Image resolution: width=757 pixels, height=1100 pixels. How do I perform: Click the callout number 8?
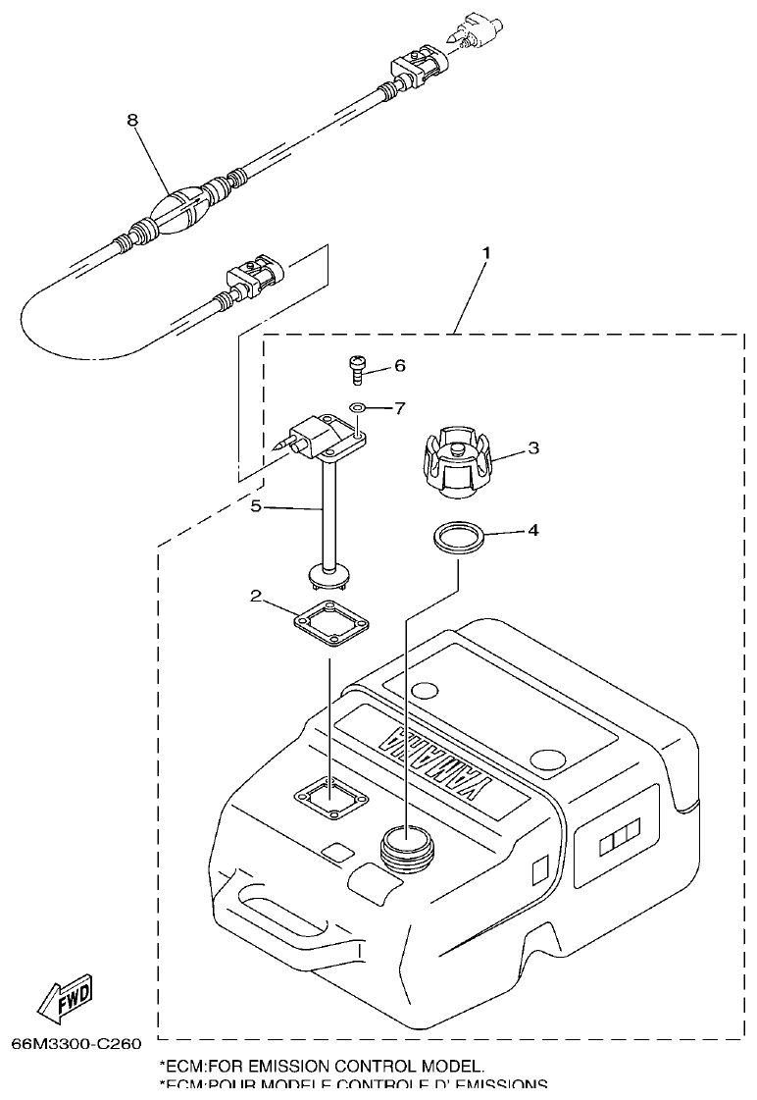coord(132,120)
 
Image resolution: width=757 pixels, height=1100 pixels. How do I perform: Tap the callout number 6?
coord(399,365)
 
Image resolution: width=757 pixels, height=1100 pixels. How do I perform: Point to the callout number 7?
coord(399,406)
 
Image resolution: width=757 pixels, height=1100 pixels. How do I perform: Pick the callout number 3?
coord(532,448)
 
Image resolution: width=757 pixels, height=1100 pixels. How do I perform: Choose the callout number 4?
coord(532,530)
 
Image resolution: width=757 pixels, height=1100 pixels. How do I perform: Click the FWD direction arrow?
coord(66,1001)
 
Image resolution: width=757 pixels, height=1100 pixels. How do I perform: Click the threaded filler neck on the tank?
coord(403,845)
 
